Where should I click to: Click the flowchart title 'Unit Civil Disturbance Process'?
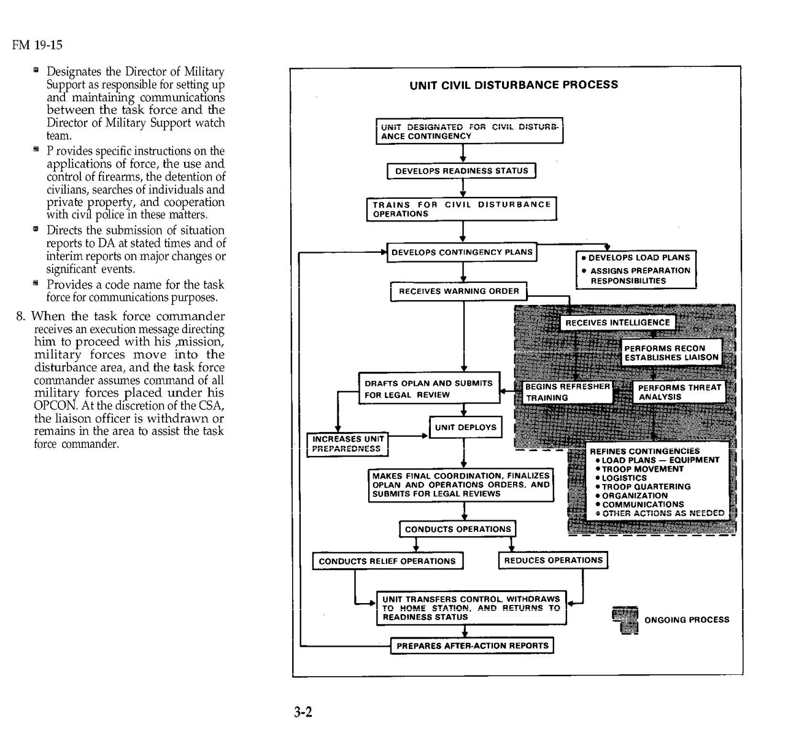tap(514, 85)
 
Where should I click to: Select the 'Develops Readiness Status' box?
tap(462, 171)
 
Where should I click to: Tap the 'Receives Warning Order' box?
tap(458, 291)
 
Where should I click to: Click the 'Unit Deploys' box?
tap(465, 428)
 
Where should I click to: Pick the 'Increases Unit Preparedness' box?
tap(347, 444)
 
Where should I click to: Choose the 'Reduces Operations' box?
tap(553, 560)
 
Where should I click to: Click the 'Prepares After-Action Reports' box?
tap(472, 645)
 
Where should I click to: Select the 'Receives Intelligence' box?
tap(617, 323)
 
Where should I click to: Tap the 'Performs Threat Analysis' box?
tap(679, 392)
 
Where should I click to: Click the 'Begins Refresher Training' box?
tap(567, 392)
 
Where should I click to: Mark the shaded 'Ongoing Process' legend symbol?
tap(625, 620)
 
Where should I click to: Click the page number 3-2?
tap(303, 712)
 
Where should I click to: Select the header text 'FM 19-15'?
tap(37, 45)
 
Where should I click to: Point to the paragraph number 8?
tap(21, 317)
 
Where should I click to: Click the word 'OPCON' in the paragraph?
tap(55, 406)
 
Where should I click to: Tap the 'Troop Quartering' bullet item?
tap(646, 487)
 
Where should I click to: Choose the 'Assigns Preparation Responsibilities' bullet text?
tap(639, 275)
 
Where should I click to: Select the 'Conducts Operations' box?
tap(458, 529)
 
